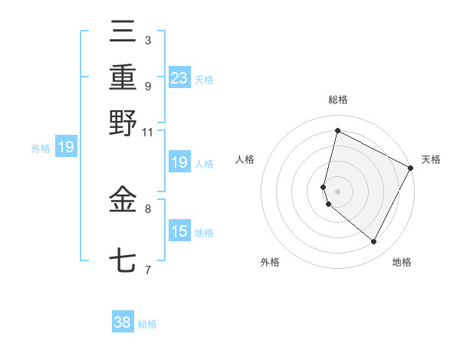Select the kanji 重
pyautogui.click(x=123, y=78)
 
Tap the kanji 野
pyautogui.click(x=123, y=123)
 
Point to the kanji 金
pyautogui.click(x=123, y=201)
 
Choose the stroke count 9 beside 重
pyautogui.click(x=148, y=86)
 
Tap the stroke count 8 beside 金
pyautogui.click(x=148, y=208)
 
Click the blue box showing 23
pyautogui.click(x=179, y=78)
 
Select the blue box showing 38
pyautogui.click(x=123, y=322)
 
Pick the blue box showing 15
pyautogui.click(x=179, y=231)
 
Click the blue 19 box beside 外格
pyautogui.click(x=66, y=147)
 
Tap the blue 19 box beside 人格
pyautogui.click(x=179, y=162)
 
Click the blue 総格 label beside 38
pyautogui.click(x=147, y=324)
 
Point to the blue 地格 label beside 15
pyautogui.click(x=204, y=233)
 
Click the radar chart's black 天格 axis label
pyautogui.click(x=431, y=159)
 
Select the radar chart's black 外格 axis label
pyautogui.click(x=269, y=262)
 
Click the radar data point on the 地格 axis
pyautogui.click(x=374, y=242)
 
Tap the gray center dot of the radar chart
pyautogui.click(x=337, y=190)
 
